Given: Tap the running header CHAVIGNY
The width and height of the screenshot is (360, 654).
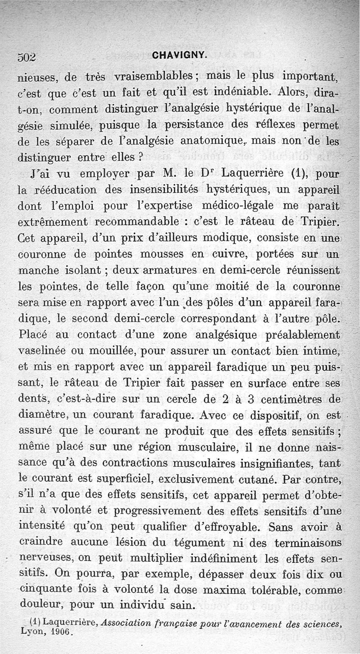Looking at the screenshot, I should point(180,55).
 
